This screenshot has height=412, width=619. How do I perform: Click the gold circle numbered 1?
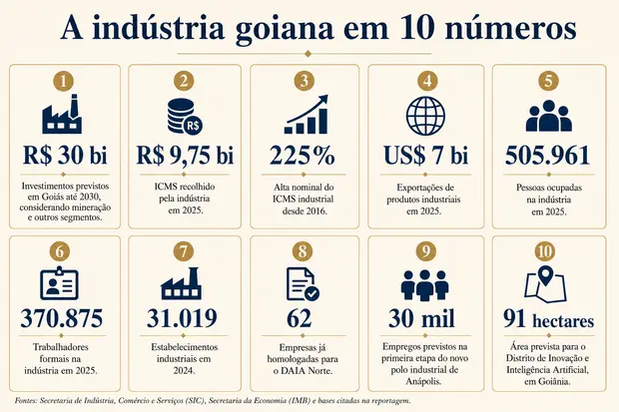63,81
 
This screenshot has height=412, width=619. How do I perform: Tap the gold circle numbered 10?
545,251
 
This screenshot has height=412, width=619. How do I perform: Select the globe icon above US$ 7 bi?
425,117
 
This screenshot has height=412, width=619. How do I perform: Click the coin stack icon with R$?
185,117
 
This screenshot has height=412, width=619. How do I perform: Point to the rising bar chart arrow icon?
307,114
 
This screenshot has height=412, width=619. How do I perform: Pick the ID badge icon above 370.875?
59,283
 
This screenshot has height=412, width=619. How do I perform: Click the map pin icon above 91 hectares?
545,284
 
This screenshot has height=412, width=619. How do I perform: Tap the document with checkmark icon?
303,284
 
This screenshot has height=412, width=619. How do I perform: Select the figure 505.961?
547,155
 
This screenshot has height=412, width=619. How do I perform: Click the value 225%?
303,155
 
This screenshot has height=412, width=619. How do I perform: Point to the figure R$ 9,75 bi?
185,155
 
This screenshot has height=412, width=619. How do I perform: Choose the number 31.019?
182,318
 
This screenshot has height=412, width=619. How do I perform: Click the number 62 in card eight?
299,318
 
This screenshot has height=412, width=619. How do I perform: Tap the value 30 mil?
421,318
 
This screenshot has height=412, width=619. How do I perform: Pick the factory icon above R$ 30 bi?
62,114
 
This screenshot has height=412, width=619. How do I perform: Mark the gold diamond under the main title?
308,54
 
